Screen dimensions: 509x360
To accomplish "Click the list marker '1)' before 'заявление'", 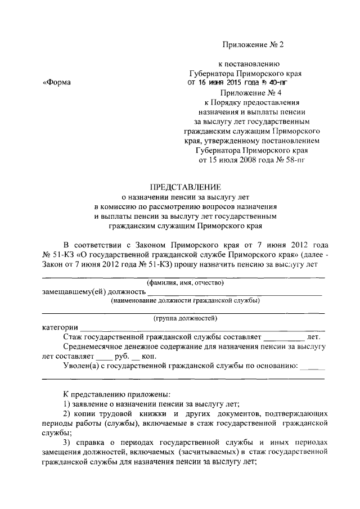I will click(66, 403).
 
